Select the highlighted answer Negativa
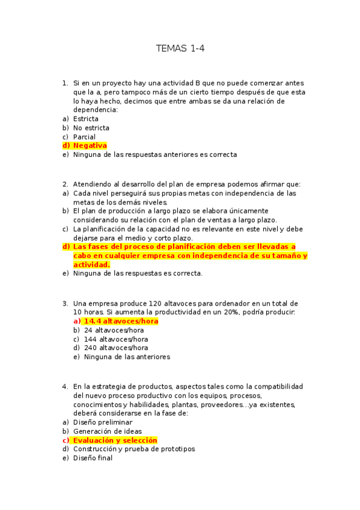[x=90, y=146]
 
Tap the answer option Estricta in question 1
[x=86, y=119]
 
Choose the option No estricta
[x=91, y=128]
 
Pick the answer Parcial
[x=84, y=137]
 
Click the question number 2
[x=65, y=184]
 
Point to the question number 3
[x=65, y=303]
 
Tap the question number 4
[x=65, y=386]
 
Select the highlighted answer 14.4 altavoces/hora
[x=121, y=321]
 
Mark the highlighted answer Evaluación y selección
[x=115, y=440]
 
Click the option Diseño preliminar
[x=103, y=422]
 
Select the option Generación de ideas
[x=108, y=431]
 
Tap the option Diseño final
[x=93, y=458]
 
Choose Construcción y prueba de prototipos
[x=134, y=449]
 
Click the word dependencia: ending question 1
[x=95, y=110]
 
